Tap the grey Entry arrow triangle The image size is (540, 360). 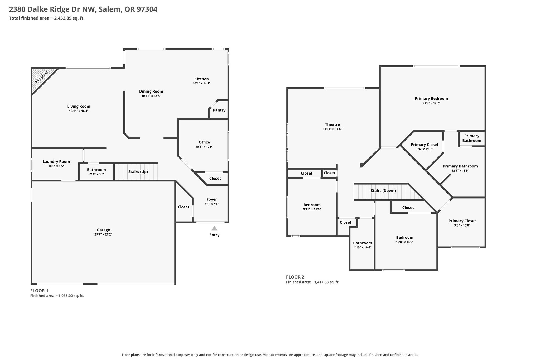(x=214, y=228)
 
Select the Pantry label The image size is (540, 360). (x=219, y=110)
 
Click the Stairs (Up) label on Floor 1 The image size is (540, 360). (x=138, y=172)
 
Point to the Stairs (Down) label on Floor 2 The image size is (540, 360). (x=383, y=191)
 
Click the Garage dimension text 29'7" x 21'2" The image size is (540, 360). (x=103, y=234)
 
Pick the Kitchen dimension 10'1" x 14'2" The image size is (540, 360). (x=201, y=83)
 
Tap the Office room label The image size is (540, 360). (x=204, y=142)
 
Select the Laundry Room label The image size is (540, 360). (x=56, y=162)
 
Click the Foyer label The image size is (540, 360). (x=212, y=199)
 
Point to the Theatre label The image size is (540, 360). (x=332, y=124)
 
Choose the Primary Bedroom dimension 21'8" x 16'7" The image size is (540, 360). (x=431, y=103)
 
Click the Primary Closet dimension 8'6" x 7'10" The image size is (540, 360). (x=425, y=149)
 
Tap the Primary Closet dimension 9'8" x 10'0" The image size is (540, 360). (x=462, y=225)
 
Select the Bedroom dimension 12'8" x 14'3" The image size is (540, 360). (x=405, y=242)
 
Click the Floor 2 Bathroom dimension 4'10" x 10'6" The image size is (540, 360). (x=363, y=247)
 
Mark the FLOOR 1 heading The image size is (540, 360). (x=39, y=291)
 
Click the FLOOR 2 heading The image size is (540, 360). (x=295, y=277)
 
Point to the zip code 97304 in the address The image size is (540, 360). (x=147, y=9)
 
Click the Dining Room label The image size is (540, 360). (x=151, y=92)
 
